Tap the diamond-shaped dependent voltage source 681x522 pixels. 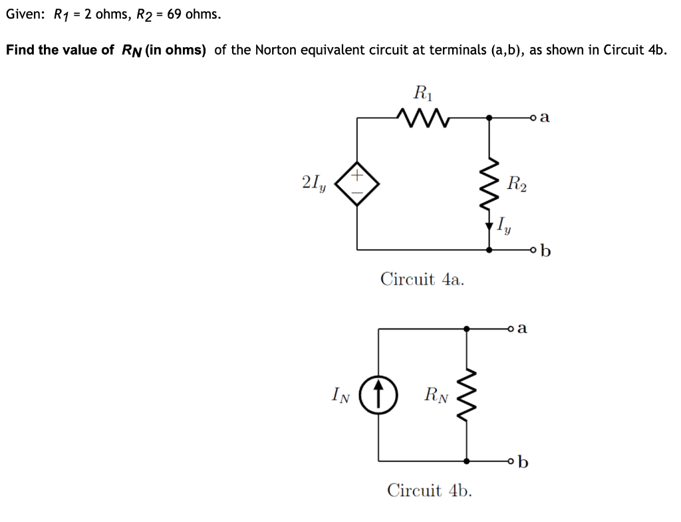(x=357, y=184)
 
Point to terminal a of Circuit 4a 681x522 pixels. (x=534, y=118)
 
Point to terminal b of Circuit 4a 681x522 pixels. (x=534, y=251)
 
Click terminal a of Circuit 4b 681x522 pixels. (x=511, y=328)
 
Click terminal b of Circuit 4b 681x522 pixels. (x=511, y=460)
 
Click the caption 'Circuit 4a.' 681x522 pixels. (x=422, y=279)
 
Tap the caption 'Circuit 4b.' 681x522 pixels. (x=430, y=491)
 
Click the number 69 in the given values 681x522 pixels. (x=175, y=14)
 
